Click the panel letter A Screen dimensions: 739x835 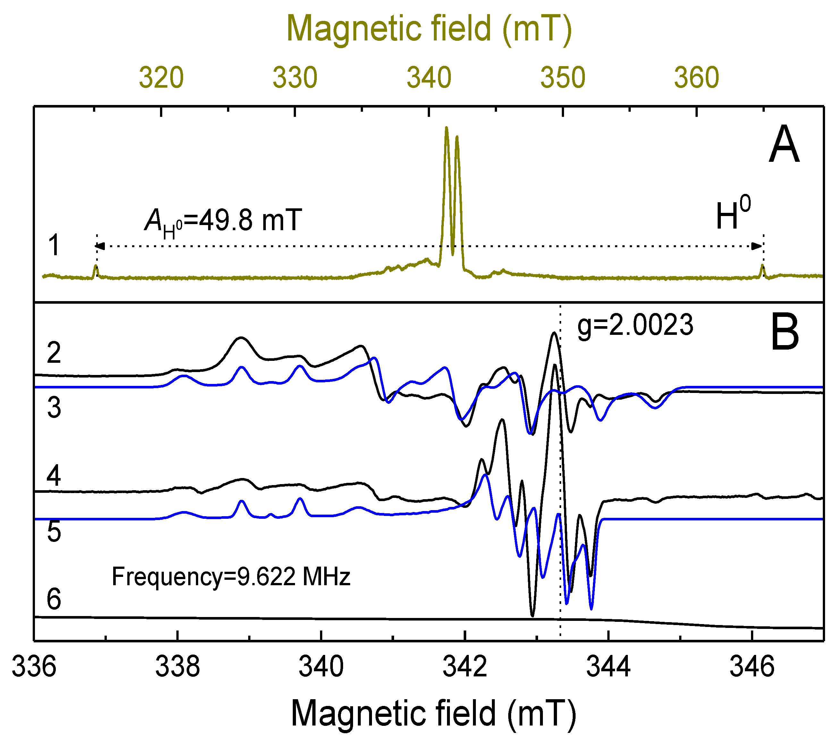tap(783, 144)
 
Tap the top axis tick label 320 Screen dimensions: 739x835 tap(161, 77)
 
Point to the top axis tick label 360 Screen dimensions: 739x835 tap(696, 77)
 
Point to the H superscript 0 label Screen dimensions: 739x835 tap(733, 213)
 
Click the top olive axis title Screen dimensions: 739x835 tap(429, 29)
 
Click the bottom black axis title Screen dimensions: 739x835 tap(433, 714)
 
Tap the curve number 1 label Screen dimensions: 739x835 tap(54, 245)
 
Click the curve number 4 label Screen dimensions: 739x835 tap(54, 476)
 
